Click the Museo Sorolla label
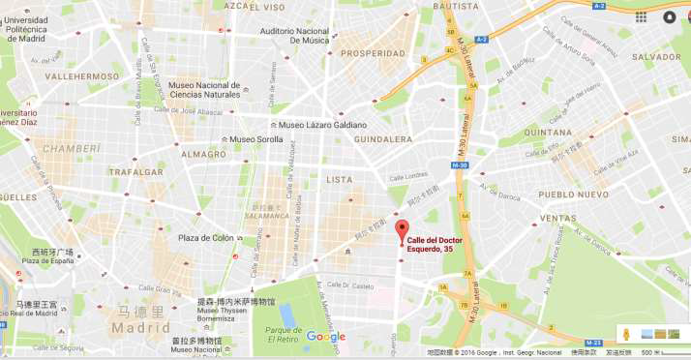[255, 139]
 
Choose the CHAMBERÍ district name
[71, 148]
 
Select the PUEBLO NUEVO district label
[571, 194]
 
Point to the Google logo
[325, 337]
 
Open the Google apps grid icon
[642, 17]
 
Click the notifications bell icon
[670, 17]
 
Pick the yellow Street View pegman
[626, 334]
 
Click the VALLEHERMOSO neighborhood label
[81, 75]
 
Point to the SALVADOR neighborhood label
[656, 57]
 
